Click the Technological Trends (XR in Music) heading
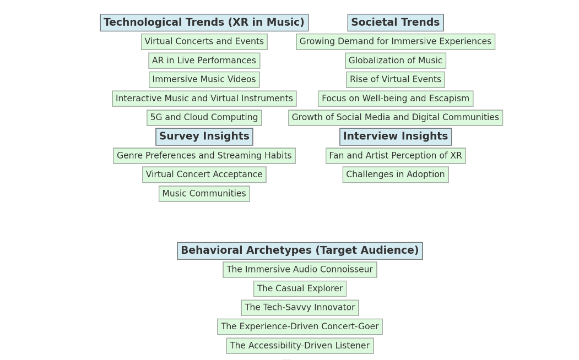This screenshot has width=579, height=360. (x=204, y=23)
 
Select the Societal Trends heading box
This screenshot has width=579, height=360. (x=395, y=23)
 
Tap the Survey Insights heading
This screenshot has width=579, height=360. (x=204, y=137)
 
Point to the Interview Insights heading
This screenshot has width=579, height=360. (x=395, y=137)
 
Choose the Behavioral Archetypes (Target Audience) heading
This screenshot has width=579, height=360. (x=300, y=250)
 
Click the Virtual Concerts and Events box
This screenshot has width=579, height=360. (x=204, y=42)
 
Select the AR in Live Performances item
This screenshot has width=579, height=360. (x=204, y=61)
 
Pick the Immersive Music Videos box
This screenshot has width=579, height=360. (x=204, y=80)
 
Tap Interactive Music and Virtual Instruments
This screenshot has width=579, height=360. (x=204, y=99)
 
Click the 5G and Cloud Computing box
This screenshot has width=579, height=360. (x=204, y=118)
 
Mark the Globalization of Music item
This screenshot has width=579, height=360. (x=395, y=61)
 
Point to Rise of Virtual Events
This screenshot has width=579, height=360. (x=395, y=80)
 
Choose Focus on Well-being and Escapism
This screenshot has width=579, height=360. (x=395, y=99)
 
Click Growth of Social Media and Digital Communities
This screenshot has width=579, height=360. (x=395, y=118)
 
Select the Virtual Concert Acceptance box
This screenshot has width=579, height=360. (x=204, y=174)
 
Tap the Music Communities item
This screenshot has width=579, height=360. (x=204, y=194)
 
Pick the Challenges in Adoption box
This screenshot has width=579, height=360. (x=395, y=174)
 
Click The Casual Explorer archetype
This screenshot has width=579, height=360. (x=300, y=288)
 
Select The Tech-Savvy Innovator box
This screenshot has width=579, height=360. (x=300, y=308)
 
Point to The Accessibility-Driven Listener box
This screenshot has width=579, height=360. (x=300, y=346)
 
